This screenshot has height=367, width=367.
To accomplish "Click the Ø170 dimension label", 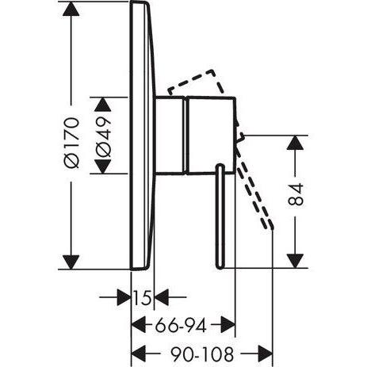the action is (x=71, y=143).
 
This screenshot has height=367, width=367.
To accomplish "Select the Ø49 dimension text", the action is (x=103, y=136).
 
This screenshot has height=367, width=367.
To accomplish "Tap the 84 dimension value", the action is (x=296, y=194).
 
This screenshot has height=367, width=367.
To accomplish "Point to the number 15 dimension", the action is (x=143, y=297).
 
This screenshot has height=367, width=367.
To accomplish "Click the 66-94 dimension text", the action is (x=181, y=326).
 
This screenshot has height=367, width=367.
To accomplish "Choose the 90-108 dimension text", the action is (x=202, y=354).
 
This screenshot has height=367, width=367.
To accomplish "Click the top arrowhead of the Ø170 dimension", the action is (x=71, y=9).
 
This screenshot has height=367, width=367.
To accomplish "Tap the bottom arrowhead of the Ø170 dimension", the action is (x=71, y=262).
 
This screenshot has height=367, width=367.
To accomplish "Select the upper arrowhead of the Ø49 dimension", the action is (x=103, y=105).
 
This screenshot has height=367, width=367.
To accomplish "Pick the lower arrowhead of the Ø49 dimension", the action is (x=103, y=166).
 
